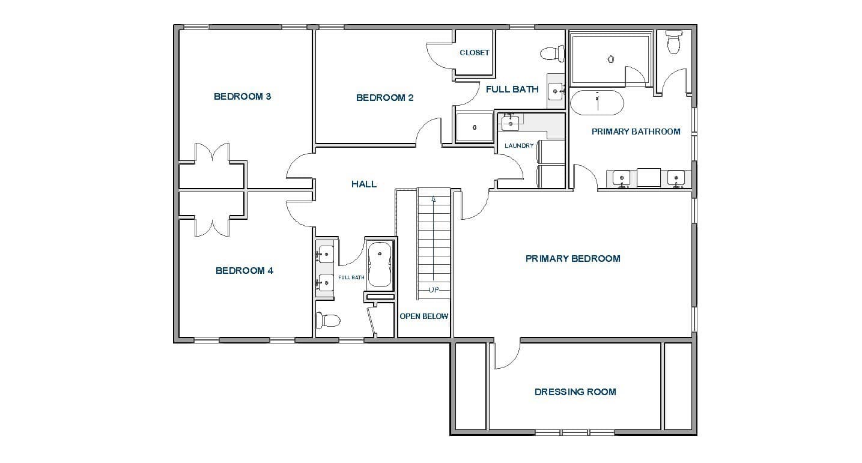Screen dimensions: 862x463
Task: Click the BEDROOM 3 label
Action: (243, 97)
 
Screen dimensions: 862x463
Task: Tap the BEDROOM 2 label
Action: (385, 98)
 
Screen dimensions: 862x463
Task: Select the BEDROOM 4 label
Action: (244, 271)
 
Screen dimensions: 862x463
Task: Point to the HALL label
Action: (364, 184)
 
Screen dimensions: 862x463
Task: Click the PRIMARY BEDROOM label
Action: (573, 258)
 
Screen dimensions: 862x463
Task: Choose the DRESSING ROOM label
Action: (575, 392)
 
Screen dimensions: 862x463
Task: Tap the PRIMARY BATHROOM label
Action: (636, 132)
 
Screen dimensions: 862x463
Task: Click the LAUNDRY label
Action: (519, 145)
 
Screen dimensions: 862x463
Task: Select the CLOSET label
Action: (475, 53)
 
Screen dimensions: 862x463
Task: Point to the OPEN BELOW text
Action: (423, 316)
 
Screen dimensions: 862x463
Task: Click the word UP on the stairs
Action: (434, 290)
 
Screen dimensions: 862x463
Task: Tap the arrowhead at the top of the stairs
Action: (434, 199)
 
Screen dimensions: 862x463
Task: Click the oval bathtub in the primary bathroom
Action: (597, 103)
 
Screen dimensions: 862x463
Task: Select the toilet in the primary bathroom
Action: (674, 42)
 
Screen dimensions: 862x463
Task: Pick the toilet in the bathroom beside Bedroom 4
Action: (328, 320)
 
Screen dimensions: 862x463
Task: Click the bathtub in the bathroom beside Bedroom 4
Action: (380, 265)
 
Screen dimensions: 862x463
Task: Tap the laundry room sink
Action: (510, 124)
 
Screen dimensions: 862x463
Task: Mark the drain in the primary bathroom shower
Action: (611, 59)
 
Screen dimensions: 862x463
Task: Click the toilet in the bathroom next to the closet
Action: (552, 53)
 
